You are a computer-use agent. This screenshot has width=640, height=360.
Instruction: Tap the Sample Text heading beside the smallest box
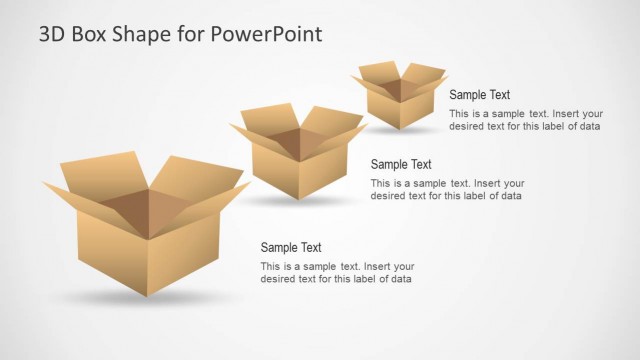click(479, 95)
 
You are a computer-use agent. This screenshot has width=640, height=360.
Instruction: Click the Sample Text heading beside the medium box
click(400, 164)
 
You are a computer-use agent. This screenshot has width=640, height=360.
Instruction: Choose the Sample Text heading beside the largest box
click(291, 247)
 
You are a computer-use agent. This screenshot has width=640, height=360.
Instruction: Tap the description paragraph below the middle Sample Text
click(446, 189)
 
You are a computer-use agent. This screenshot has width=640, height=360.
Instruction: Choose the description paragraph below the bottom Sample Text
click(336, 272)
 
